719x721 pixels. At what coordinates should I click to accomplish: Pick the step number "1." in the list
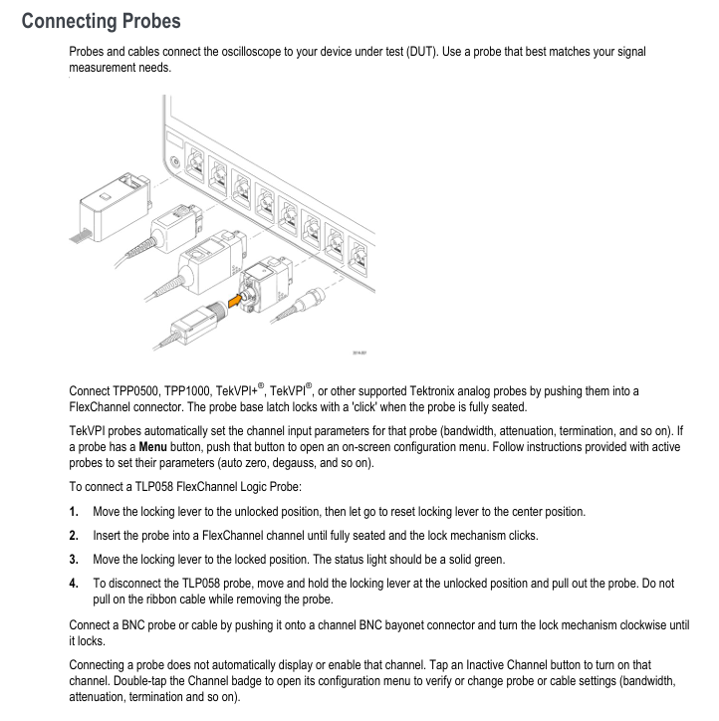[75, 512]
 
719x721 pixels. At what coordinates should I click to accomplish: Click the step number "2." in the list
[75, 535]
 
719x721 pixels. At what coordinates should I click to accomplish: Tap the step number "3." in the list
[75, 558]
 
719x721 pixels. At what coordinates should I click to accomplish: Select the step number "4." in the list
[75, 581]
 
